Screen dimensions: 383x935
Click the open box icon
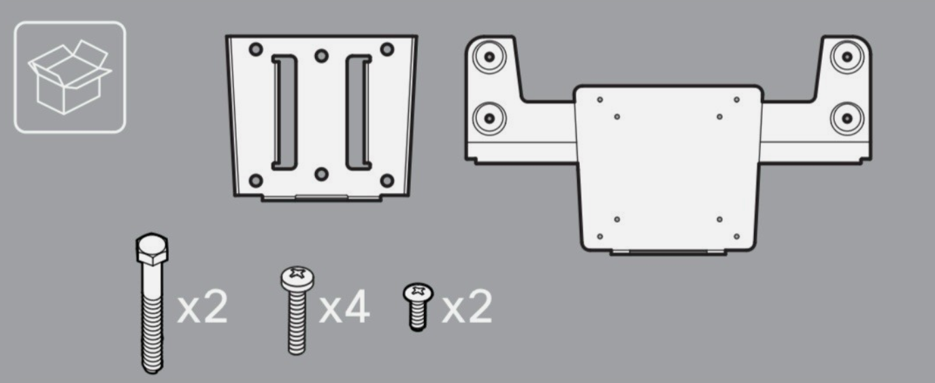pyautogui.click(x=69, y=77)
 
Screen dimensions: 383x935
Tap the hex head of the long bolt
pyautogui.click(x=152, y=249)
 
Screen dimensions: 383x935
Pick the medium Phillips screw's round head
pyautogui.click(x=297, y=277)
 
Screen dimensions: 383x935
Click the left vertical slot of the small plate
pyautogui.click(x=284, y=112)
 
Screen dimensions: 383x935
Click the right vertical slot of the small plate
pyautogui.click(x=359, y=112)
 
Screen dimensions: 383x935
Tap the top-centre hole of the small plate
pyautogui.click(x=322, y=55)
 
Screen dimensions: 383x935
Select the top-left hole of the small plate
pyautogui.click(x=257, y=50)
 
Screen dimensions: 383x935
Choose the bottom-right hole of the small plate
pyautogui.click(x=387, y=181)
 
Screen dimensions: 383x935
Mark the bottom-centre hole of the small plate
pyautogui.click(x=322, y=174)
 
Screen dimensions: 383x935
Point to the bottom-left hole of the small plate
pyautogui.click(x=257, y=181)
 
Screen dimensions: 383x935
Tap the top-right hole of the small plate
pyautogui.click(x=387, y=50)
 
